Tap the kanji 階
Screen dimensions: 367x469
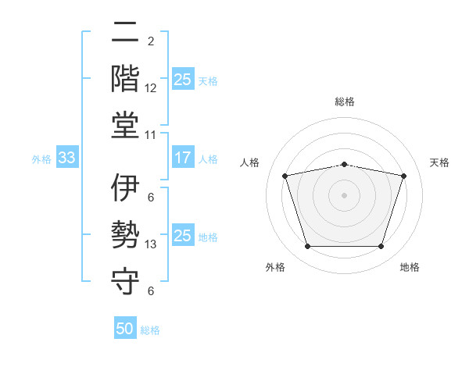(x=125, y=78)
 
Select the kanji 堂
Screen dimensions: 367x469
(x=125, y=125)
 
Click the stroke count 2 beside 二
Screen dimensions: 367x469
(x=151, y=41)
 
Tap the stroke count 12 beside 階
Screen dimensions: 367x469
(x=151, y=88)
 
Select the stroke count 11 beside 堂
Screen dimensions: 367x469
(x=151, y=135)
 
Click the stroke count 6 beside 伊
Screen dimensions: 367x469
(x=151, y=198)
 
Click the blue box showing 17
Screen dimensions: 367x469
(x=182, y=158)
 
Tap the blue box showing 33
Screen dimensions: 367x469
(x=66, y=158)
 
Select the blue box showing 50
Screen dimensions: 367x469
(x=125, y=329)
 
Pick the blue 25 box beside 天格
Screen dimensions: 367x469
(x=182, y=80)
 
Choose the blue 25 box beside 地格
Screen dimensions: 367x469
(x=182, y=236)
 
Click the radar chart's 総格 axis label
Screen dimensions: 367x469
(x=344, y=102)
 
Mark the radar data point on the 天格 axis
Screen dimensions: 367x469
(x=403, y=176)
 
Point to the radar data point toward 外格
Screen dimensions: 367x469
(x=307, y=247)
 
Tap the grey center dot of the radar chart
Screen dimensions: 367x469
(x=344, y=195)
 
